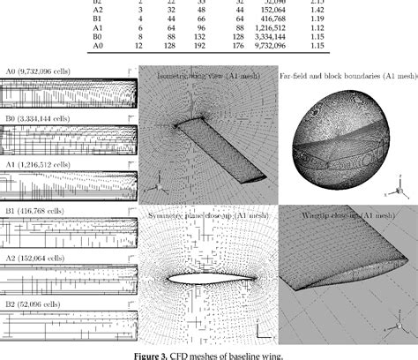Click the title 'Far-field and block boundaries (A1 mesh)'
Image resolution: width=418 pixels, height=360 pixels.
(x=347, y=77)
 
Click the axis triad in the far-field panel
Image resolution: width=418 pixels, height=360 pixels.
(x=399, y=190)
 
